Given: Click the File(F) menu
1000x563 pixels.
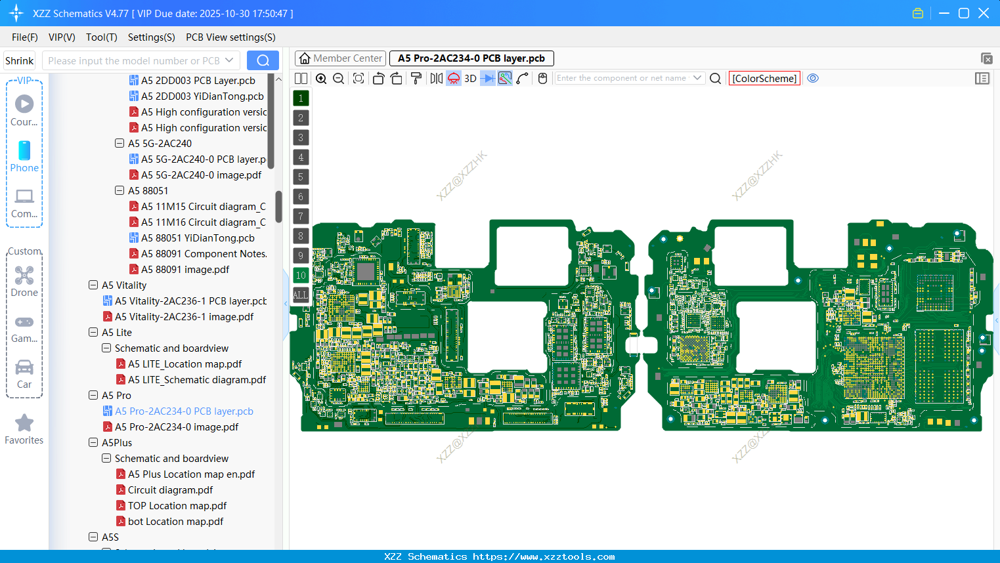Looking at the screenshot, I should point(24,37).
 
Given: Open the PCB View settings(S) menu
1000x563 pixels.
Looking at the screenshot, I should point(230,37).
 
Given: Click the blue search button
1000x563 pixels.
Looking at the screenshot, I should point(263,60).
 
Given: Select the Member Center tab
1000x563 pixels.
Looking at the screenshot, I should point(341,58).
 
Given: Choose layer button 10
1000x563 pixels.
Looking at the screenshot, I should point(301,276).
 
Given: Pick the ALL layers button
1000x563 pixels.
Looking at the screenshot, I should point(301,295).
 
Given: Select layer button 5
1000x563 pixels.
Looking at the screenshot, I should point(301,177).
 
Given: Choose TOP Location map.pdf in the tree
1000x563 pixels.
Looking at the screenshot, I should point(177,506).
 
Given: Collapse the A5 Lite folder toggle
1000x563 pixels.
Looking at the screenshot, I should point(93,333).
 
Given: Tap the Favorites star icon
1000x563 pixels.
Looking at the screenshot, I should point(24,423).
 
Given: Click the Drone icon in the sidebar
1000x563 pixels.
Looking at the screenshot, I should point(24,276).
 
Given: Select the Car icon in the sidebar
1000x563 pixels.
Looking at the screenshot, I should point(24,367).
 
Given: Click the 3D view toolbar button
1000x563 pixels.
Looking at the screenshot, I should point(470,79).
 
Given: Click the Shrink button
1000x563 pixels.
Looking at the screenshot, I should point(19,60).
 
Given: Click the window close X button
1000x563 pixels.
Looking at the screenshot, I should point(984,13).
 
